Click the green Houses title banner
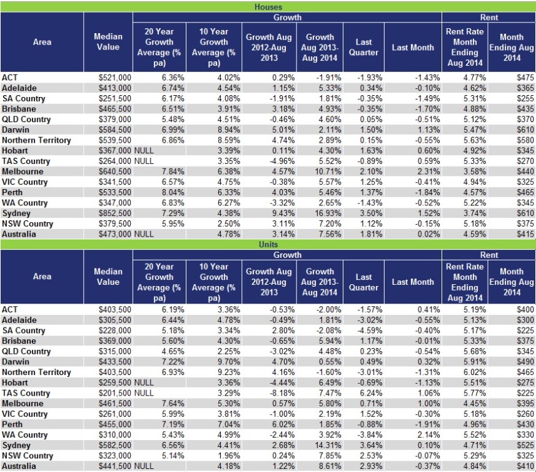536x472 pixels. pos(268,7)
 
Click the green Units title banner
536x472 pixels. pos(268,244)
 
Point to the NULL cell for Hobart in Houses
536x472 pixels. pos(144,151)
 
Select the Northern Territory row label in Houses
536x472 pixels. pos(36,140)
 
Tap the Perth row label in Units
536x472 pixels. pos(13,424)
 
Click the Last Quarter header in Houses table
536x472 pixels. pos(363,48)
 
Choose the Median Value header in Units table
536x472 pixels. pos(108,277)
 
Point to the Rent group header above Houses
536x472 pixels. pos(488,18)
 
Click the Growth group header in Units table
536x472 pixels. pos(286,255)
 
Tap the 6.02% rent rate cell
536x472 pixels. pos(464,372)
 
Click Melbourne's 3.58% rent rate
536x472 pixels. pos(464,172)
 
